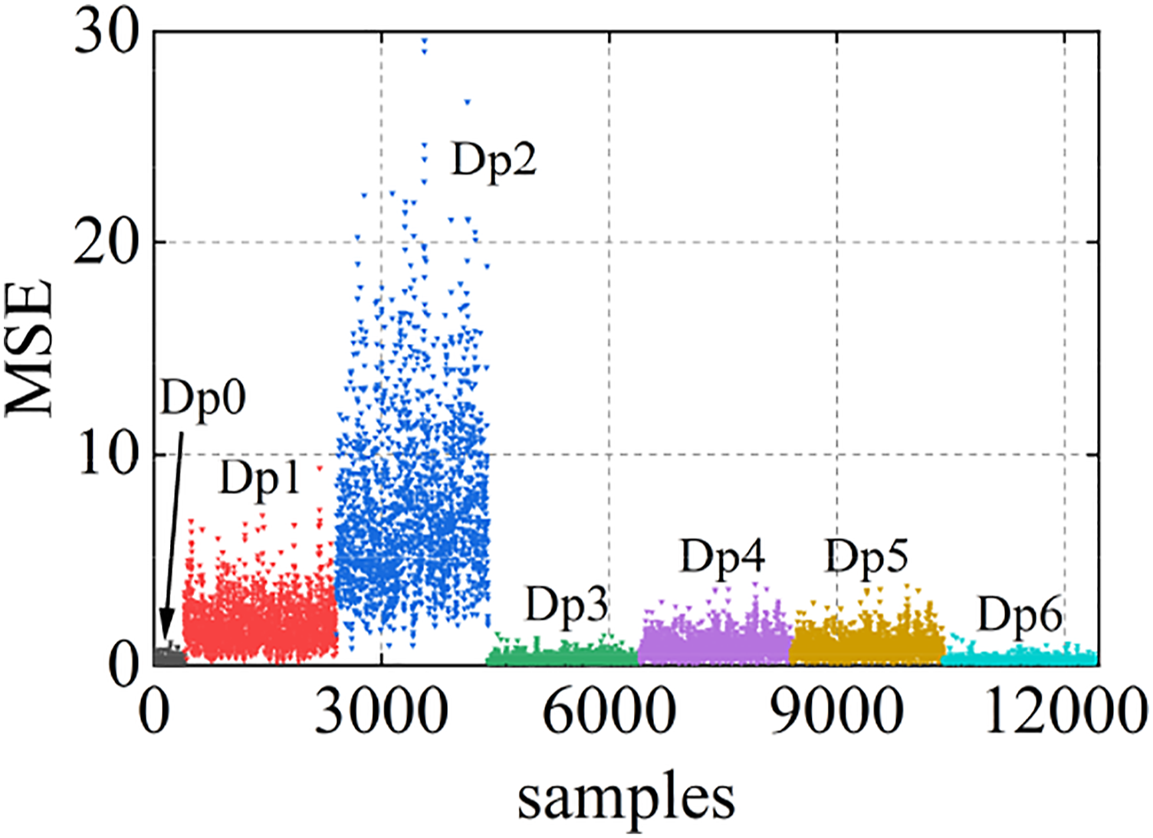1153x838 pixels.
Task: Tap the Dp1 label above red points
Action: [259, 477]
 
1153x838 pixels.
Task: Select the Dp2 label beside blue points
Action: [494, 160]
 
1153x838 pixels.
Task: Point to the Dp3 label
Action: [567, 606]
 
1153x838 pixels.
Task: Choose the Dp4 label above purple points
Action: [723, 557]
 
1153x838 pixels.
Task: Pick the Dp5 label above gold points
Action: [867, 557]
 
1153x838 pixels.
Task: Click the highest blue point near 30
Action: [424, 40]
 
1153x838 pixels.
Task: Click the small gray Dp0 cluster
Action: [170, 656]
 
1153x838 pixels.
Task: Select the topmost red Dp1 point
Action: [320, 468]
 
